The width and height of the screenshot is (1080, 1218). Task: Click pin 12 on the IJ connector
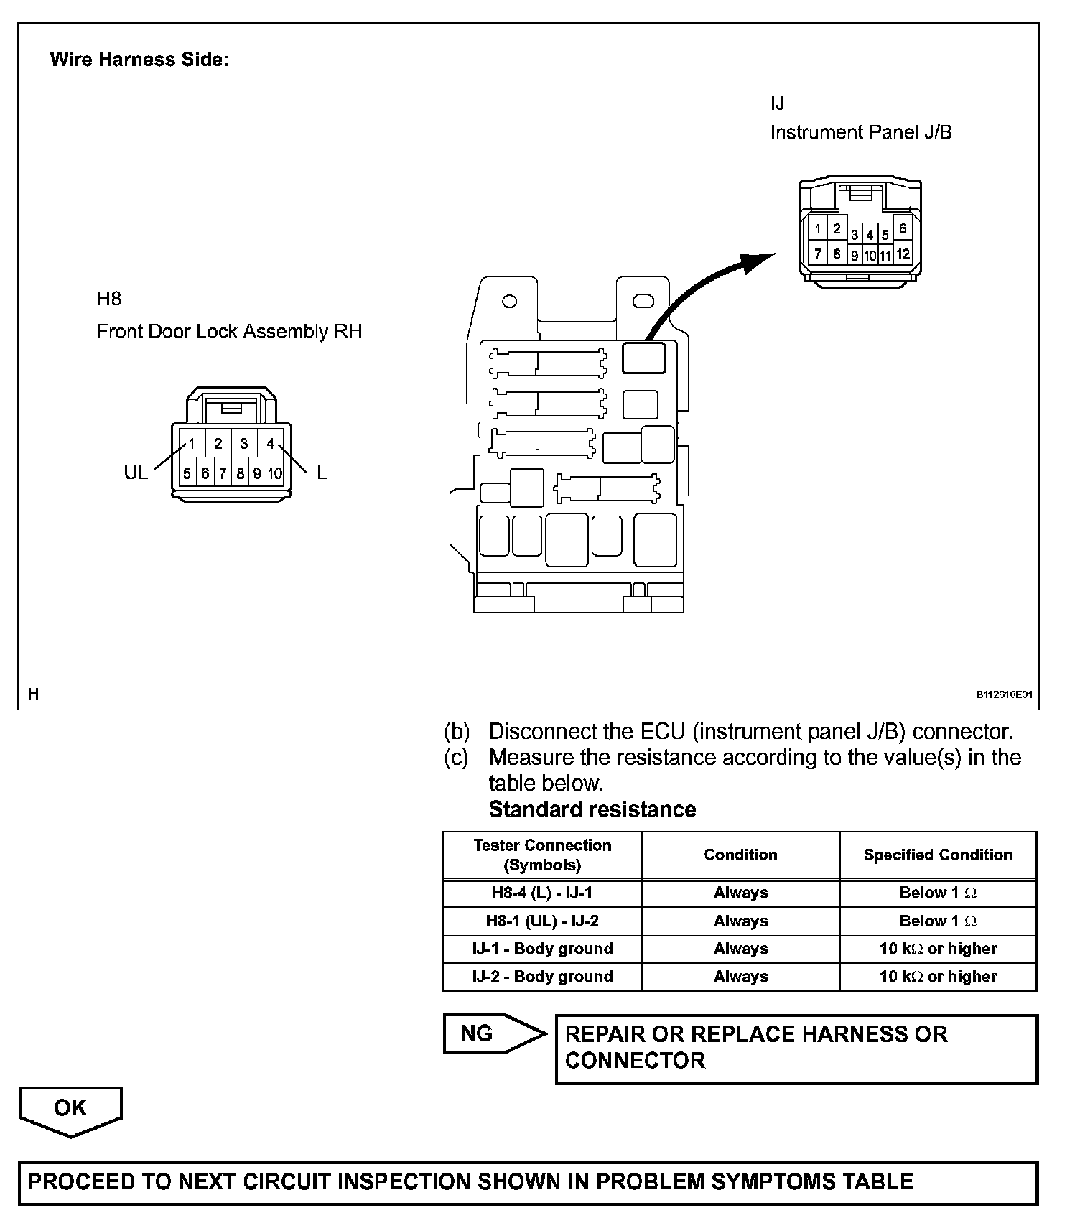903,254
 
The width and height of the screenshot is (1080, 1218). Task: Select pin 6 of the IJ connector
903,228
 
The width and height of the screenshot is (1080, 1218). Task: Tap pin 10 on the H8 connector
275,473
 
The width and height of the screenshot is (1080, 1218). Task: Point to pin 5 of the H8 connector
187,473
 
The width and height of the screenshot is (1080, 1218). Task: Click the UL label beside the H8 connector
136,473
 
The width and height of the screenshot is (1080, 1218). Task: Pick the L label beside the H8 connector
322,473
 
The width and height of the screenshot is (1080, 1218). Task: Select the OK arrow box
70,1110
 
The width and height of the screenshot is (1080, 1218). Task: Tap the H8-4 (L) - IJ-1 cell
542,893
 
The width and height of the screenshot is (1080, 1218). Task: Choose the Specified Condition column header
938,855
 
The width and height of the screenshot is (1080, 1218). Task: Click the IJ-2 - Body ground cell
542,976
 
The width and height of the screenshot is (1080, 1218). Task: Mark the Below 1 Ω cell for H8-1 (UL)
938,921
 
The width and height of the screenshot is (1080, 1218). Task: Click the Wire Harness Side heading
139,60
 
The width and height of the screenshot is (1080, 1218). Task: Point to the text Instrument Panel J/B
861,132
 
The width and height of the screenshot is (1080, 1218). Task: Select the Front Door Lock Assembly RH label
229,331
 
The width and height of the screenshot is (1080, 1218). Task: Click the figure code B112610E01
1004,694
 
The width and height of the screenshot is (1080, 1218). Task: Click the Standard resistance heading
592,809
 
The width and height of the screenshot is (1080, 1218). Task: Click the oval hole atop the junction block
643,301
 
